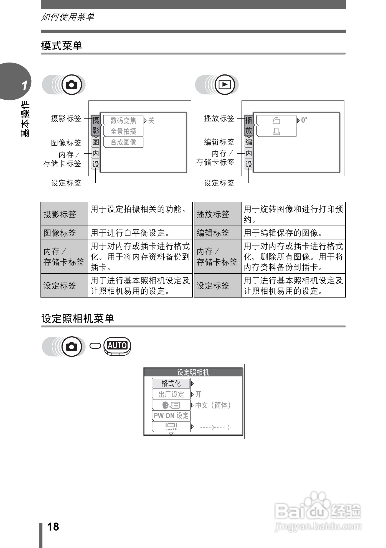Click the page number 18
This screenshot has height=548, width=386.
click(53, 527)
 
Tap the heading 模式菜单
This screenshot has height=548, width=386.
click(62, 46)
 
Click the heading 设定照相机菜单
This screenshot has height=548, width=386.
click(78, 319)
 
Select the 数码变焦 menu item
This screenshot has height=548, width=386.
click(123, 121)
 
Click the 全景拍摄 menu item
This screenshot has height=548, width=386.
click(123, 131)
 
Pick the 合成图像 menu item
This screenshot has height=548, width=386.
click(123, 142)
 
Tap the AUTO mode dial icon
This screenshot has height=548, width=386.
click(117, 346)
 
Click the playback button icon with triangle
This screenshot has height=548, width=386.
click(224, 84)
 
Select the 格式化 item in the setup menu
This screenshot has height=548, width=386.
click(171, 383)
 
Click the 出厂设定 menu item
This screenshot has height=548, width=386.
click(171, 394)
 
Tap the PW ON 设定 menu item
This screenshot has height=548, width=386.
click(171, 416)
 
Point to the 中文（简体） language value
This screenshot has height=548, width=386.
click(213, 405)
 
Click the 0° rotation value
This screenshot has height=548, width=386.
click(304, 120)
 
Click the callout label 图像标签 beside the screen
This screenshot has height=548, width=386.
click(66, 143)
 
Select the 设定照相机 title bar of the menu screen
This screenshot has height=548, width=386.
click(193, 372)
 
